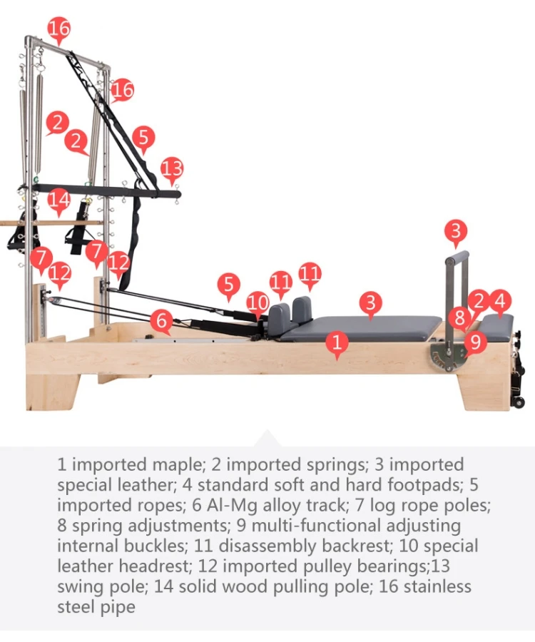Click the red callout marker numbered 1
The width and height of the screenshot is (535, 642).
coord(337,343)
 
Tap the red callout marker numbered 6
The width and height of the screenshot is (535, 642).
coord(161,320)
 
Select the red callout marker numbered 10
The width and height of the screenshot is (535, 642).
coord(258,302)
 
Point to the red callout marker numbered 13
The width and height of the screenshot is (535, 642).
coord(172,169)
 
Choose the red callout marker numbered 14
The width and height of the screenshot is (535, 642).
coord(59,200)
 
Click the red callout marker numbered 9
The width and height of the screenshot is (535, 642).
coord(474,342)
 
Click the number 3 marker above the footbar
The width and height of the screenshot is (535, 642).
coord(456,231)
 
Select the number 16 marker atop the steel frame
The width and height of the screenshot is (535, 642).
coord(59,29)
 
